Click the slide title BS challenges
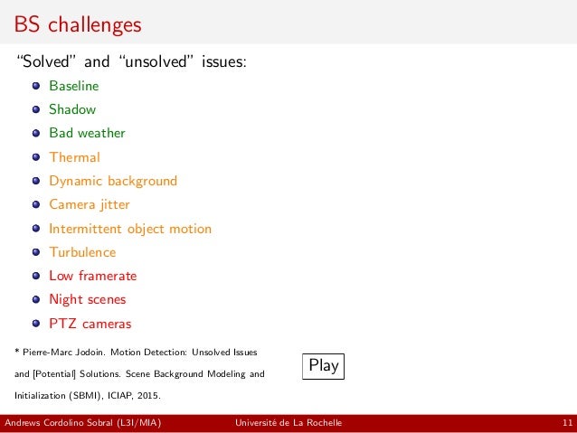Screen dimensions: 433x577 click(x=78, y=24)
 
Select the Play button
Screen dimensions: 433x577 click(x=323, y=366)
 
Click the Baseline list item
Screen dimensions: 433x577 click(x=74, y=86)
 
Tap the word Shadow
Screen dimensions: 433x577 click(x=72, y=109)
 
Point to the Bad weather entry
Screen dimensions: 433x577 click(x=87, y=133)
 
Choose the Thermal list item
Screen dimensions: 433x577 click(x=74, y=157)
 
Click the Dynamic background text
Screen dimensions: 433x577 click(x=113, y=181)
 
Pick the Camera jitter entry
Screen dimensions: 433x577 click(x=90, y=204)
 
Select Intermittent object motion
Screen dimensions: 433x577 click(x=130, y=229)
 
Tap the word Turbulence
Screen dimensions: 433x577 click(x=82, y=252)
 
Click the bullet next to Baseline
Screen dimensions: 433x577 click(x=36, y=87)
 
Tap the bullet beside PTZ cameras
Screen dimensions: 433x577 click(x=36, y=324)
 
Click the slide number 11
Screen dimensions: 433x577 click(x=566, y=424)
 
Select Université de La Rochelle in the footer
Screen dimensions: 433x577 click(x=288, y=424)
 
